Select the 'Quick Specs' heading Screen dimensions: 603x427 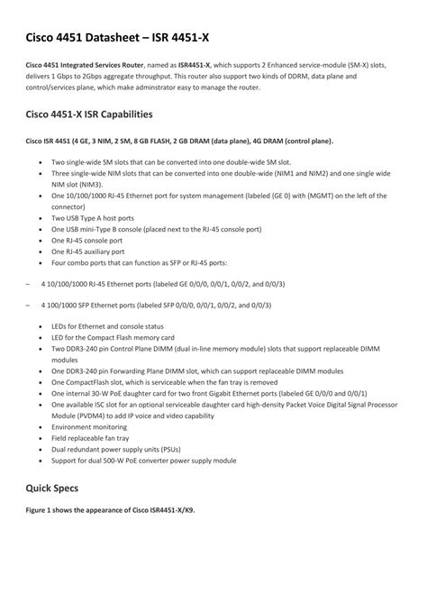[53, 488]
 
